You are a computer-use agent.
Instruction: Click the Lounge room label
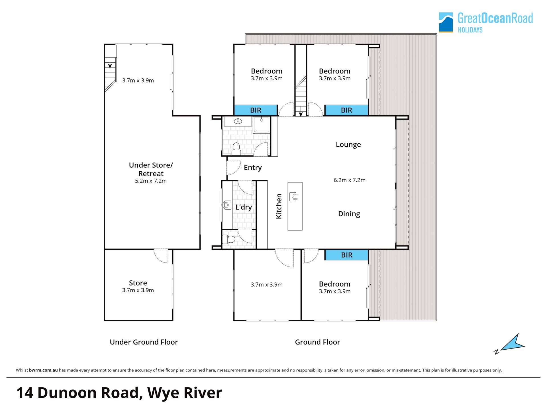point(348,145)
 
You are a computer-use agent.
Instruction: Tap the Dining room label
point(349,214)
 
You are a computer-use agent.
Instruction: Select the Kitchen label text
point(279,206)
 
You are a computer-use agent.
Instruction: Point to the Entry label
point(253,168)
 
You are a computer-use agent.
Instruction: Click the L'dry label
point(244,207)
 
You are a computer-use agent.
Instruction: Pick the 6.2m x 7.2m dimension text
point(350,180)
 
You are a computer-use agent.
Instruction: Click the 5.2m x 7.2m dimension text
point(151,181)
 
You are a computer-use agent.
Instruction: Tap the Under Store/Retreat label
point(151,169)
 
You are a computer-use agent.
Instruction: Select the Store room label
point(138,283)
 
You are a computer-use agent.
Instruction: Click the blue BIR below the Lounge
point(346,255)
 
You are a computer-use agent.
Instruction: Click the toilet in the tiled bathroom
point(236,149)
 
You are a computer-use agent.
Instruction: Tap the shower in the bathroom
point(261,125)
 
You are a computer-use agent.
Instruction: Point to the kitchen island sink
point(293,196)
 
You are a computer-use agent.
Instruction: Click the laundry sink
point(227,205)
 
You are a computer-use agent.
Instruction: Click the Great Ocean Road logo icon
point(446,22)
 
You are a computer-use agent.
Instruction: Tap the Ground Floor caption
point(317,342)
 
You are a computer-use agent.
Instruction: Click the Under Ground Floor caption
point(144,342)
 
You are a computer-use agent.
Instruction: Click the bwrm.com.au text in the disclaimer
point(43,370)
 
